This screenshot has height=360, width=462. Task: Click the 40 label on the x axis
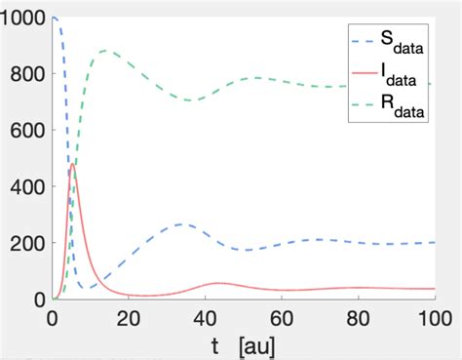pyautogui.click(x=206, y=318)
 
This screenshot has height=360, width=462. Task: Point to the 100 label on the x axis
pyautogui.click(x=432, y=318)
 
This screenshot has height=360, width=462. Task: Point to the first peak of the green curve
pyautogui.click(x=104, y=51)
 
